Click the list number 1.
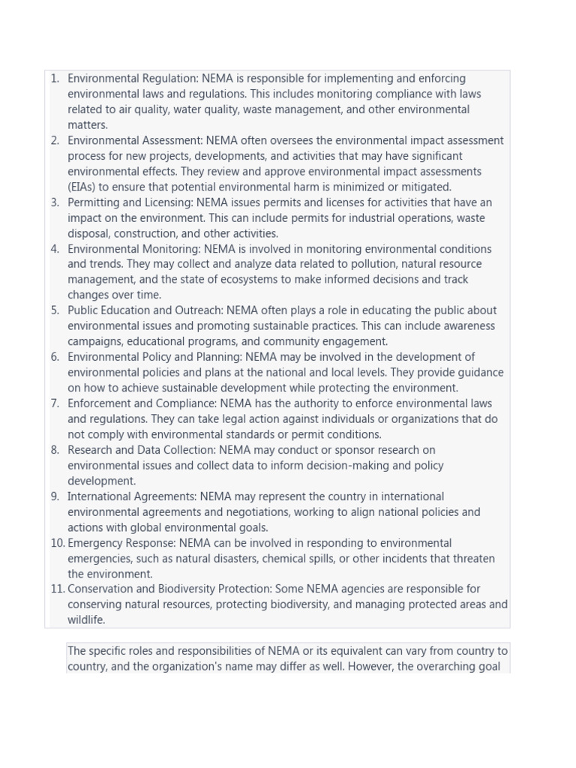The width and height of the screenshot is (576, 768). pos(55,79)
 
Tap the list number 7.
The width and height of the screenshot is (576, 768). pos(55,403)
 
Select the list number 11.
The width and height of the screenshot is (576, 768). pos(58,589)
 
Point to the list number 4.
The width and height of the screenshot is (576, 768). pos(55,249)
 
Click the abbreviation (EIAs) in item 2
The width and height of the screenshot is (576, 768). pos(82,187)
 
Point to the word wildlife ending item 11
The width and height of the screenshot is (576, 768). pos(85,620)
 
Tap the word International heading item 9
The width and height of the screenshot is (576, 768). pos(100,496)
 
